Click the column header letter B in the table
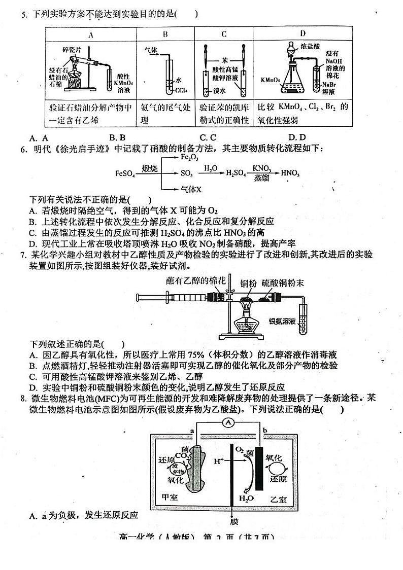[165, 34]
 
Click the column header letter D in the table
[303, 33]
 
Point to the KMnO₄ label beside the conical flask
[270, 80]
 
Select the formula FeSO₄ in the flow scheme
[125, 173]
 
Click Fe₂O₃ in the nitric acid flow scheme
[189, 158]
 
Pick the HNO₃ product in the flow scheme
[290, 173]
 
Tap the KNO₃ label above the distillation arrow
[261, 168]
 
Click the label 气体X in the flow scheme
[191, 189]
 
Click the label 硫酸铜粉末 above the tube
[283, 283]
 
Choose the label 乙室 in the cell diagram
[278, 499]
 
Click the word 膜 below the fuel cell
[232, 521]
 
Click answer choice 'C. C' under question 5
[208, 137]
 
